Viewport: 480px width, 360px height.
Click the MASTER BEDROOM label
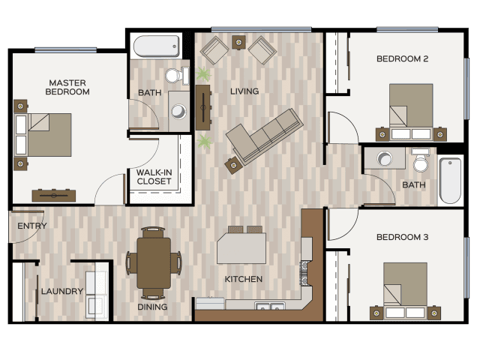(x=67, y=87)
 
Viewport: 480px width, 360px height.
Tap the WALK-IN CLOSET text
(x=154, y=177)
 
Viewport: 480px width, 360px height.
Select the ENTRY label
(x=32, y=226)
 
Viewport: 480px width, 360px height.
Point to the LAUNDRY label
(x=62, y=291)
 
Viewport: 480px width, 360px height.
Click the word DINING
(x=152, y=307)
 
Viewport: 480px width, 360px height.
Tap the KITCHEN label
(x=244, y=279)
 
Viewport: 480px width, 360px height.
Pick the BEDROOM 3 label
(x=402, y=237)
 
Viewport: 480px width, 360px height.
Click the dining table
(x=154, y=262)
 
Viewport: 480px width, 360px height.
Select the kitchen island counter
(x=241, y=248)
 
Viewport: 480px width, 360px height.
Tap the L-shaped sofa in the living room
(x=263, y=136)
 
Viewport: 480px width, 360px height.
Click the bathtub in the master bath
(x=157, y=46)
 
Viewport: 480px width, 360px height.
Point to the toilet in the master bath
(x=177, y=75)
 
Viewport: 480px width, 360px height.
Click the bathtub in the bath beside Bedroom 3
(x=450, y=181)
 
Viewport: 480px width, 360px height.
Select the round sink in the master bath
(x=178, y=111)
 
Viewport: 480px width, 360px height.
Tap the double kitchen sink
(x=270, y=306)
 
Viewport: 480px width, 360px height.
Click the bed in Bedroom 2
(x=411, y=112)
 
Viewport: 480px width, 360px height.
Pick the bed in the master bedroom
(x=43, y=135)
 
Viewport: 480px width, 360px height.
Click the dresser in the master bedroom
(x=54, y=196)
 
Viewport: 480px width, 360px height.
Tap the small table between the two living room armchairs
(x=238, y=42)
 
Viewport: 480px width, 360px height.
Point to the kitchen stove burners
(x=304, y=273)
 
